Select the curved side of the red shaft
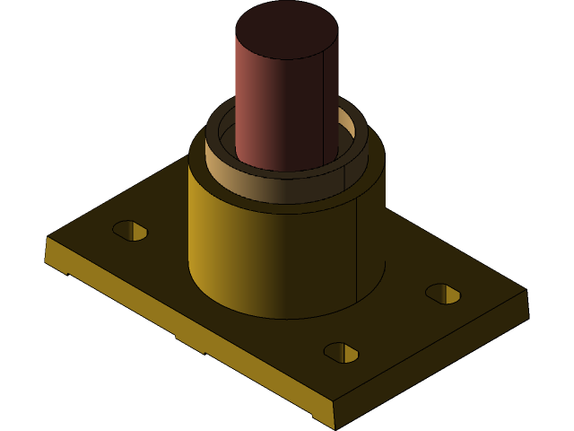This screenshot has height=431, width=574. tap(269, 108)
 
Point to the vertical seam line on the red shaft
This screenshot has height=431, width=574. tap(323, 108)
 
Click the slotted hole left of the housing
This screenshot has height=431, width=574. tap(130, 230)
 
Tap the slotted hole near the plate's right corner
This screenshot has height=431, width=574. tap(443, 294)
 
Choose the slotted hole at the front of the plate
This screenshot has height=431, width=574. tap(341, 352)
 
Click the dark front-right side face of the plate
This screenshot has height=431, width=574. tap(430, 368)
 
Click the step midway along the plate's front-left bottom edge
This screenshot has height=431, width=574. tap(188, 345)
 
